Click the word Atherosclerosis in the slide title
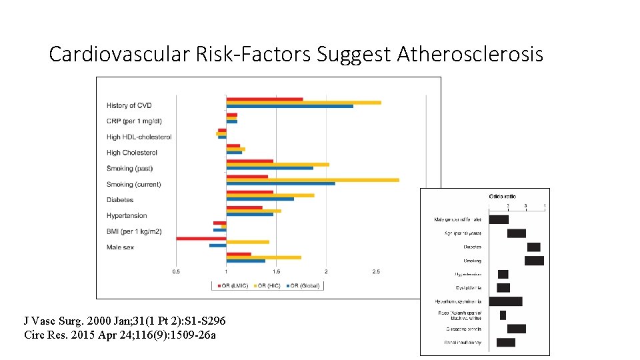[470, 54]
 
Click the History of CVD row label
[129, 105]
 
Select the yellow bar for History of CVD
[303, 103]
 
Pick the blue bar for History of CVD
[289, 106]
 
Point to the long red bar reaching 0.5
[201, 238]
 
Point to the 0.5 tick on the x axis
[176, 271]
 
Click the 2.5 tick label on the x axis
[376, 271]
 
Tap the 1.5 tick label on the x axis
[276, 271]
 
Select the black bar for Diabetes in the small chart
[533, 247]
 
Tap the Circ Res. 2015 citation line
[120, 335]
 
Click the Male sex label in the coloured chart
[120, 247]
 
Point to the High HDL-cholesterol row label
[139, 137]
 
